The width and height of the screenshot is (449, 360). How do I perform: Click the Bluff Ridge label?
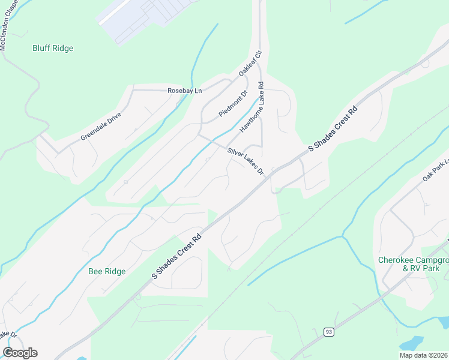click(53, 48)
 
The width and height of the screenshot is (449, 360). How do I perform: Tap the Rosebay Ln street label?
click(185, 91)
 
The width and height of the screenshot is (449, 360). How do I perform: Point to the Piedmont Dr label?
click(233, 104)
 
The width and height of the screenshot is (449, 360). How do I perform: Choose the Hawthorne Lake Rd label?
click(252, 108)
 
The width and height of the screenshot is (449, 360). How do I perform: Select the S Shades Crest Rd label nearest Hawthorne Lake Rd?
click(333, 129)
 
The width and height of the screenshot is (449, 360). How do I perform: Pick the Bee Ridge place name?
click(107, 271)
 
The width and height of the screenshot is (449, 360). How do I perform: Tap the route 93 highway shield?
click(328, 331)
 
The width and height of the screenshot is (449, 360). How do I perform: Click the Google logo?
click(20, 353)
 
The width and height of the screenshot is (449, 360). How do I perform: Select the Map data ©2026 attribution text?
click(424, 355)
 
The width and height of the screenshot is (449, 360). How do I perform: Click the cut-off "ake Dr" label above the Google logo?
click(8, 334)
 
